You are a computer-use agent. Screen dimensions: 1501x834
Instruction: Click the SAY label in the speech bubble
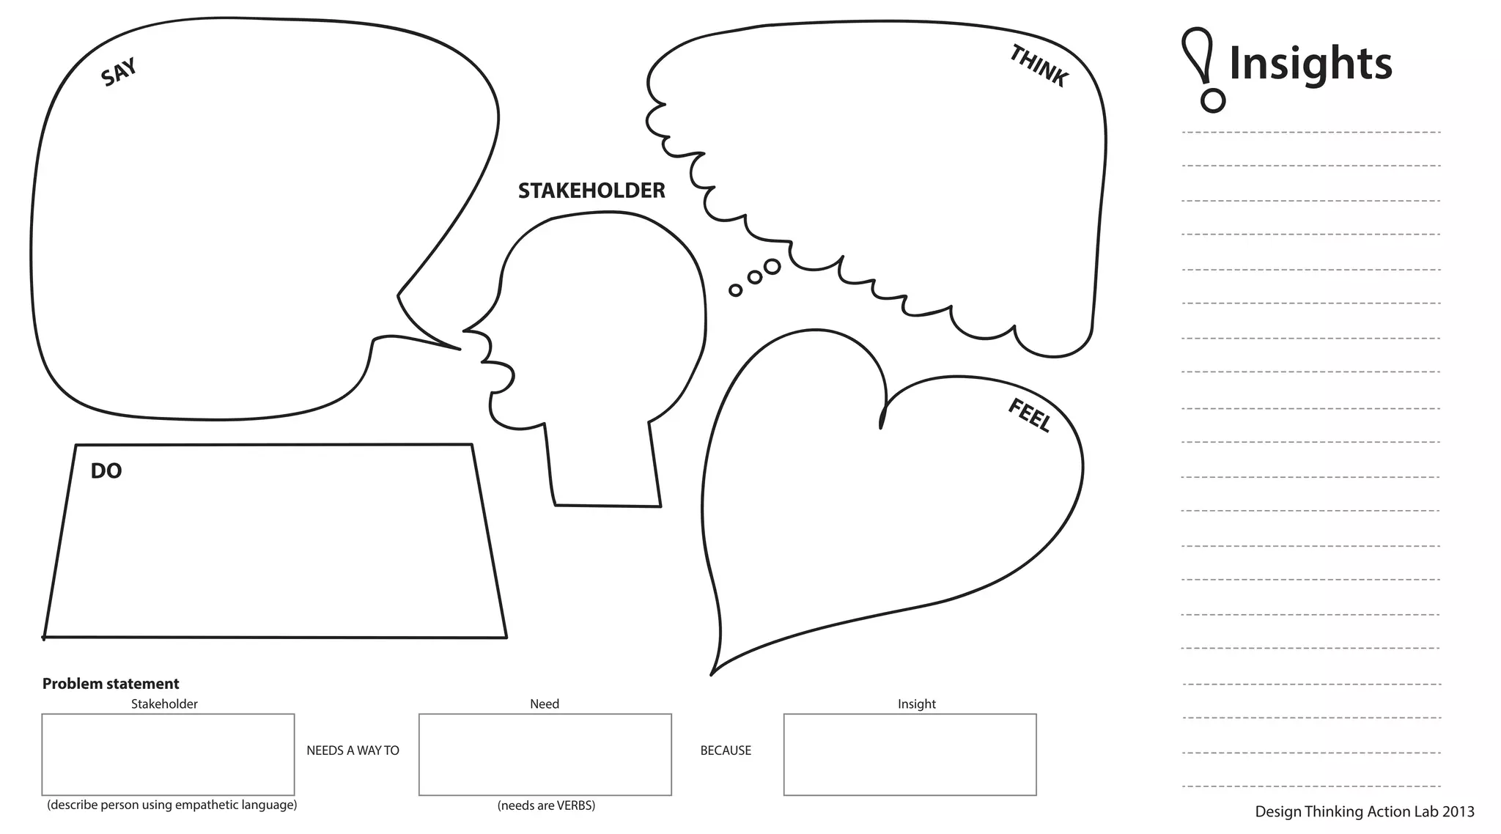click(x=119, y=73)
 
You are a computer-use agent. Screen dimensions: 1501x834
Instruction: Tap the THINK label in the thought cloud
click(x=1039, y=66)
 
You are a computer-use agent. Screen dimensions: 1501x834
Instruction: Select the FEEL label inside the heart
click(x=1030, y=416)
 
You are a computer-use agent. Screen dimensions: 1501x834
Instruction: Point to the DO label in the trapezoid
click(x=106, y=471)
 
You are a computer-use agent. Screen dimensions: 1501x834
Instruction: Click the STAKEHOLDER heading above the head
click(x=591, y=191)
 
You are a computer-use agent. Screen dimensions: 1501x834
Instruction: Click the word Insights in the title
click(x=1310, y=64)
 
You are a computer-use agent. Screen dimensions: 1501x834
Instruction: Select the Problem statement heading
click(x=111, y=684)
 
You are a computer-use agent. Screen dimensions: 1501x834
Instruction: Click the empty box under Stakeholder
click(x=168, y=754)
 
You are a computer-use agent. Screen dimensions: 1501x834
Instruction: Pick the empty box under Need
click(x=545, y=754)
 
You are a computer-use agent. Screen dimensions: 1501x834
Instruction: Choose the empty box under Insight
click(x=910, y=754)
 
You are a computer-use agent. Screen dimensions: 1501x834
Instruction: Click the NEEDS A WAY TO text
click(x=353, y=750)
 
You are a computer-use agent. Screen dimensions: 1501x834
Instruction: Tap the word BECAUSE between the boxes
click(x=726, y=750)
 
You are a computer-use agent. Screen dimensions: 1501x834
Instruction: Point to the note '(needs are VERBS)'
click(x=546, y=805)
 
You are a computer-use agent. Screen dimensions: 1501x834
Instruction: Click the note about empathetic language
click(x=172, y=805)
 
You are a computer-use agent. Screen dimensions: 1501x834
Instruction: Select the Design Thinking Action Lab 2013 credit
click(x=1365, y=811)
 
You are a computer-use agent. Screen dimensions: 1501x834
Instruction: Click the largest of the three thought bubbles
click(x=772, y=267)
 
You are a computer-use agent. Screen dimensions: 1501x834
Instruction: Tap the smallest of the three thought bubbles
click(x=736, y=290)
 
